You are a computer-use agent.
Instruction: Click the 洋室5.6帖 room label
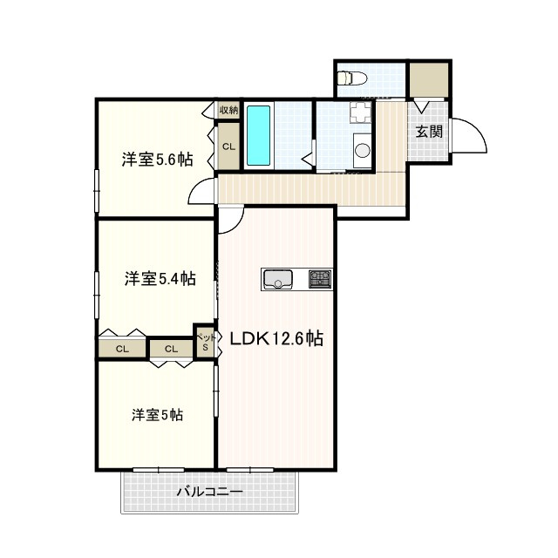tap(157, 159)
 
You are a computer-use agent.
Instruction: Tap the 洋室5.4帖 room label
tap(160, 278)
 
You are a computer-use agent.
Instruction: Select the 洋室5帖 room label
tap(157, 415)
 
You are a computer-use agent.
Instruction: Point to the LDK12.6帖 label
tap(276, 338)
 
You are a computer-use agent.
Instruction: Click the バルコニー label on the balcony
tap(210, 492)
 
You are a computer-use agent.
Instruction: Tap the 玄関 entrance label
tap(429, 132)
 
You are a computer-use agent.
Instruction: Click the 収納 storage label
tap(228, 110)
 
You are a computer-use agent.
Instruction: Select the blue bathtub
tap(258, 136)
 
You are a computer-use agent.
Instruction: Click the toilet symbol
tap(352, 78)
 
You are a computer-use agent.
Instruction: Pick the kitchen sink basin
tap(277, 279)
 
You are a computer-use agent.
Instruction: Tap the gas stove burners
tap(320, 279)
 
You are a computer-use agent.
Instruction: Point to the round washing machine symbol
tap(363, 150)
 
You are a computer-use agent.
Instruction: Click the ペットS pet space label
tap(206, 342)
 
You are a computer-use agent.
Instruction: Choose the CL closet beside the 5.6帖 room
tap(228, 146)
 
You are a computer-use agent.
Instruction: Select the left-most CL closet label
tap(122, 349)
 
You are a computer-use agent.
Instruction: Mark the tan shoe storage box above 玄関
tap(428, 79)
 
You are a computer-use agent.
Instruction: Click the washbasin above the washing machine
tap(360, 112)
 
